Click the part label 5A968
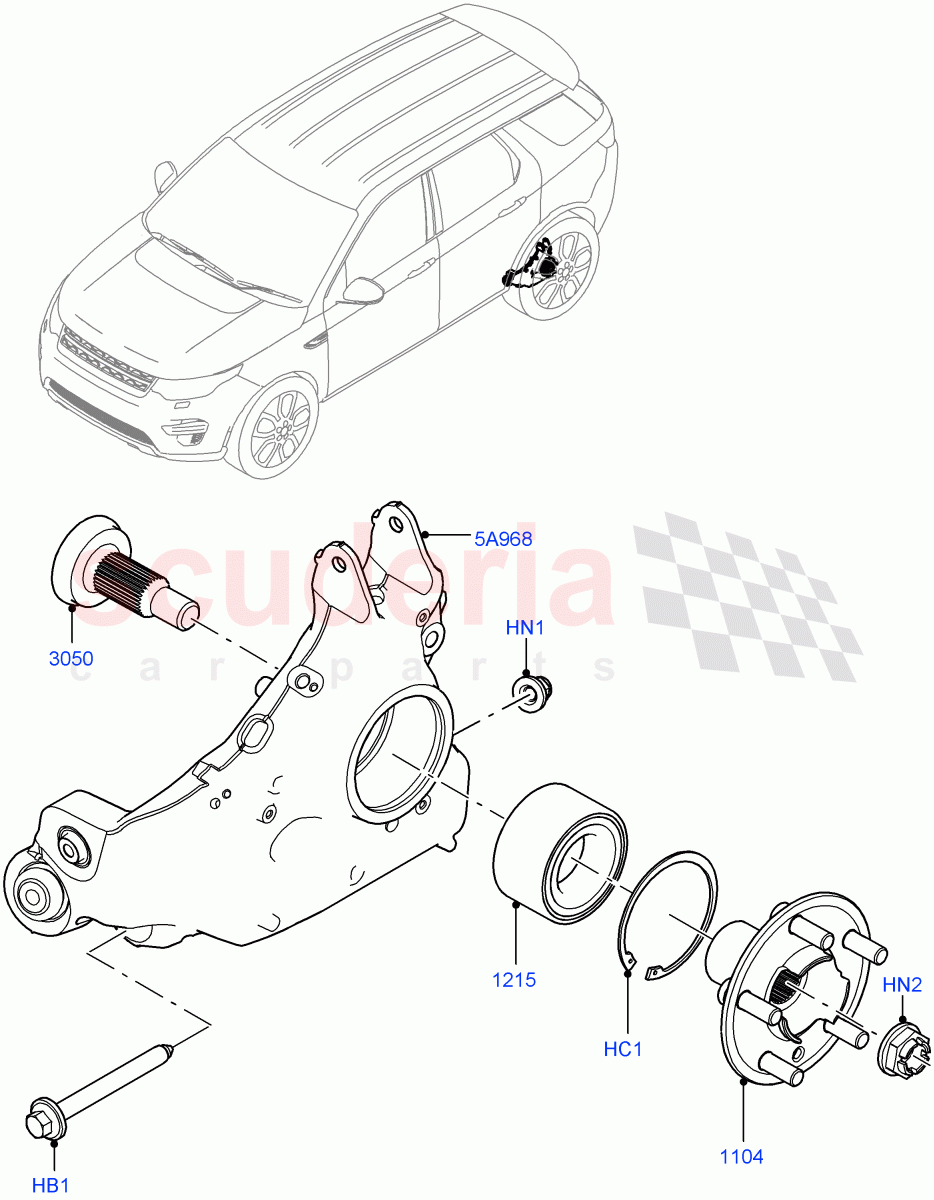click(502, 537)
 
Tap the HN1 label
click(524, 629)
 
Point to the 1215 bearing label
click(514, 979)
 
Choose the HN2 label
click(902, 985)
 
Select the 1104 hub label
click(741, 1156)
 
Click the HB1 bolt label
click(52, 1186)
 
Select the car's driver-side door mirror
click(361, 291)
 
